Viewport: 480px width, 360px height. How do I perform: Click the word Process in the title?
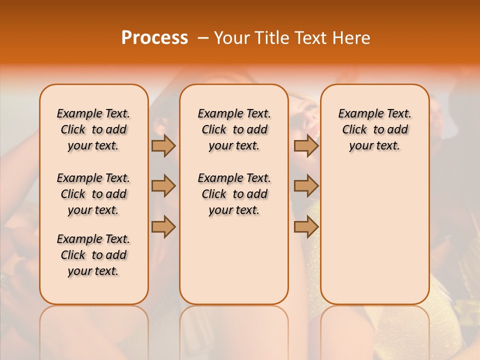click(154, 38)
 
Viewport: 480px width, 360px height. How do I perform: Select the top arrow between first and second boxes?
click(163, 145)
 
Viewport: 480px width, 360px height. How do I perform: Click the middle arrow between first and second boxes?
click(163, 186)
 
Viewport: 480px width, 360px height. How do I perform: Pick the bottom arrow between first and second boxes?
click(163, 226)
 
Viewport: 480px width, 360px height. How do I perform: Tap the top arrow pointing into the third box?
click(306, 145)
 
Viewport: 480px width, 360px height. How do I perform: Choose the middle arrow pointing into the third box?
click(306, 186)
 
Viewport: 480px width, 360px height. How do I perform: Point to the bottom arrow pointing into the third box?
click(306, 226)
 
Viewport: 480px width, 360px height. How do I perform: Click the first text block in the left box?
click(93, 129)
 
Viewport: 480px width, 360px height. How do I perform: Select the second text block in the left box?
click(93, 194)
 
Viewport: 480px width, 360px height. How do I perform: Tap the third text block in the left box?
click(93, 255)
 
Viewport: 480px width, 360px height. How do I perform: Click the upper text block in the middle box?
click(234, 129)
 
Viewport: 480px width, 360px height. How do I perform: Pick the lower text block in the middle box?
click(234, 194)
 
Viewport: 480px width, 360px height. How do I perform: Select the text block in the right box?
click(374, 129)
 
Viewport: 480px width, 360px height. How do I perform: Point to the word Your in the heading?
click(230, 38)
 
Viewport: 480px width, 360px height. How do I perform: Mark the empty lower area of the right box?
click(374, 235)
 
